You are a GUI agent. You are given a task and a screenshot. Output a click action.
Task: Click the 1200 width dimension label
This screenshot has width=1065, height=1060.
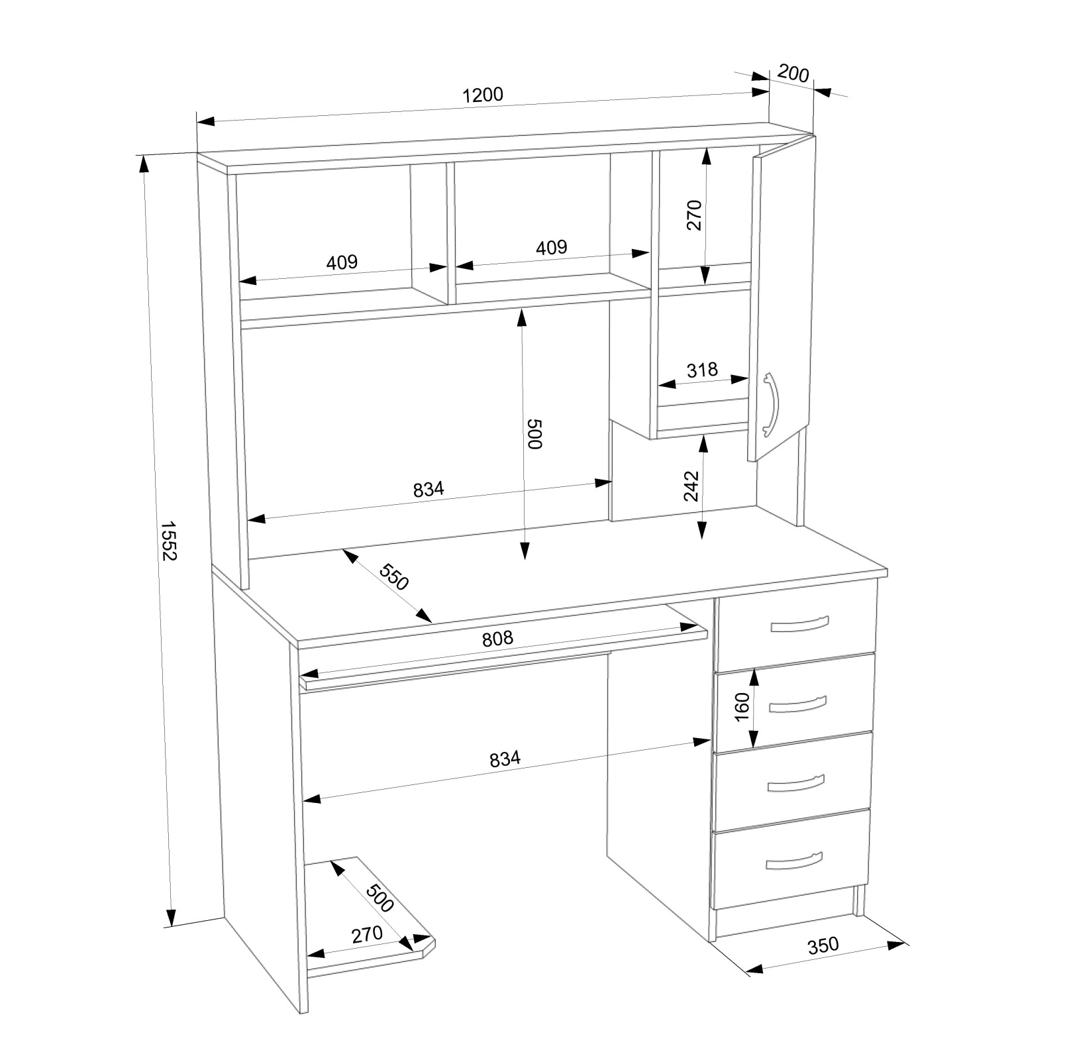(x=482, y=95)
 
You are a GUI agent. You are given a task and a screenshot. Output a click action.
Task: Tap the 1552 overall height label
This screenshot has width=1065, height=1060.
(x=168, y=541)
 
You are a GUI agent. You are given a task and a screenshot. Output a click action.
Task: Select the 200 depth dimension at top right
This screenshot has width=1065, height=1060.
(x=793, y=73)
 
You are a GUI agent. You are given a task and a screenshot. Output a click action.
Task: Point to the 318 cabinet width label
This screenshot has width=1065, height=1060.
(x=702, y=369)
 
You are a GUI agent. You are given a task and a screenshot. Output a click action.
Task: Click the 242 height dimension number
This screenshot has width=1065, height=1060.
(x=691, y=486)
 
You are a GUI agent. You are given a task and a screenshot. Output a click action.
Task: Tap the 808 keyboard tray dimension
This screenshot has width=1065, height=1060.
(x=497, y=638)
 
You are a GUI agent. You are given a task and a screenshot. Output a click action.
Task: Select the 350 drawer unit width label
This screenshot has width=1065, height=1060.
(x=823, y=945)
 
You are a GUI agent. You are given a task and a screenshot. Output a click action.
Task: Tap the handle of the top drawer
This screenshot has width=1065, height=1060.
(x=799, y=624)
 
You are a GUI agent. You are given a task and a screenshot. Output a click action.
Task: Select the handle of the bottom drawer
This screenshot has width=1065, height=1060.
(x=794, y=861)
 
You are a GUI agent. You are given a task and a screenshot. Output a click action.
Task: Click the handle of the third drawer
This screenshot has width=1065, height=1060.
(x=796, y=783)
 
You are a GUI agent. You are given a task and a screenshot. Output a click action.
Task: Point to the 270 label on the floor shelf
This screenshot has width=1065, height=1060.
(x=367, y=934)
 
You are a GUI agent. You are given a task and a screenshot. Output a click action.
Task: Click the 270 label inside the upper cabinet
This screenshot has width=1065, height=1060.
(x=693, y=215)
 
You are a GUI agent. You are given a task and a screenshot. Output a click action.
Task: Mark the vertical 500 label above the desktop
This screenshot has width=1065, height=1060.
(x=534, y=434)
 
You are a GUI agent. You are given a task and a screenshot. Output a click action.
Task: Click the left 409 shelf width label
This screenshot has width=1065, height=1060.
(x=342, y=262)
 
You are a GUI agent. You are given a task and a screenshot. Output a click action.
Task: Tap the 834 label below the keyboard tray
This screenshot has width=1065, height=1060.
(x=505, y=759)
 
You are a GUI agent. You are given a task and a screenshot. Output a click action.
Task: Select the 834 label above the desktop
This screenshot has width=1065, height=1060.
(x=429, y=490)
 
